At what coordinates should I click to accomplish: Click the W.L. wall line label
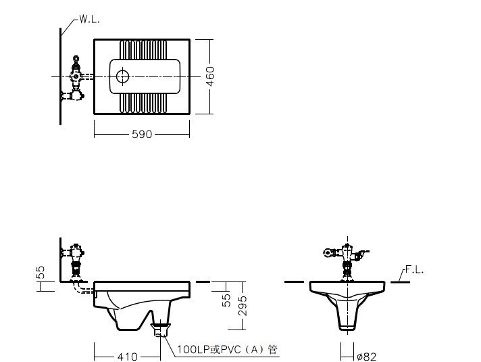(89, 19)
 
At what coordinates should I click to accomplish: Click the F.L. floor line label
(414, 270)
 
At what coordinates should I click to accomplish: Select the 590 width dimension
(142, 134)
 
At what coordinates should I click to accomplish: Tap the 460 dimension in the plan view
(210, 76)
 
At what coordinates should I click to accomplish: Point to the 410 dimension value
(127, 357)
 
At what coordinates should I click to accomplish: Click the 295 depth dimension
(243, 306)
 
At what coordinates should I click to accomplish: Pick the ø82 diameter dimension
(367, 357)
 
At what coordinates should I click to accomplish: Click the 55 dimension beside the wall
(41, 272)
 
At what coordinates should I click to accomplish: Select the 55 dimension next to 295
(226, 300)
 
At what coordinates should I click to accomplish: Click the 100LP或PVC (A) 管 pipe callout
(227, 349)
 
